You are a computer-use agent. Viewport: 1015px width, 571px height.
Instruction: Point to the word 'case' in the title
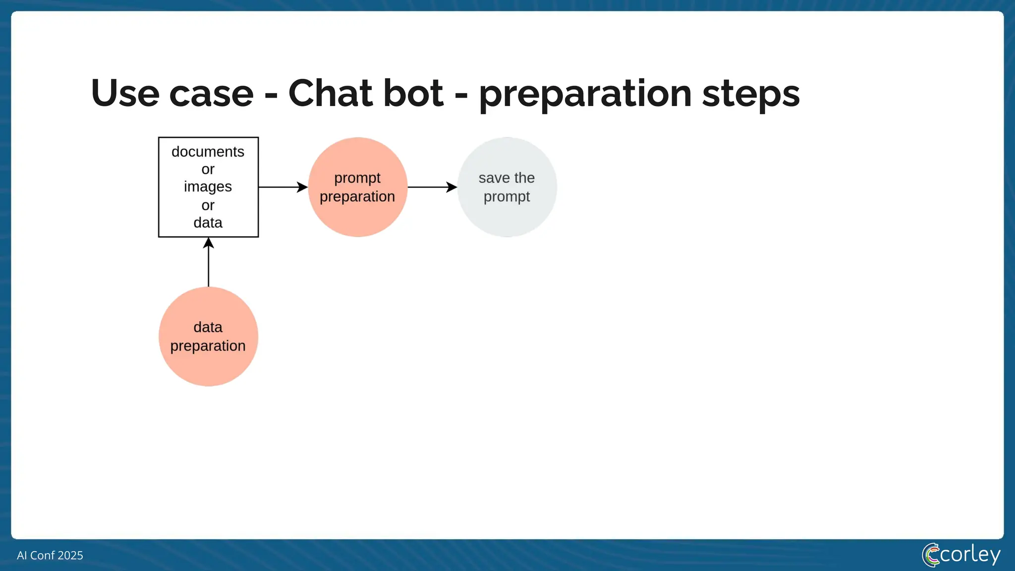point(211,94)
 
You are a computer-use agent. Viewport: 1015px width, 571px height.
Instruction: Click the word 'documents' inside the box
point(208,152)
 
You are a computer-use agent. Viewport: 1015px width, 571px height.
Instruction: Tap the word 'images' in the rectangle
point(208,187)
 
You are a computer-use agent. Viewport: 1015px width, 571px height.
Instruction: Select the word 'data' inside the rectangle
point(208,223)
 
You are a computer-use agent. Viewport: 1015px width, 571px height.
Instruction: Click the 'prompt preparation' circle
point(357,187)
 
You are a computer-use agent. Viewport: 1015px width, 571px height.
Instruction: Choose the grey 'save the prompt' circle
point(507,187)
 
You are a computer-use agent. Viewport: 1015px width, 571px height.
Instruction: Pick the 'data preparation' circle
point(208,337)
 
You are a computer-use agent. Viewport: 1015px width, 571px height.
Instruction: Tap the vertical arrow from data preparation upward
point(208,263)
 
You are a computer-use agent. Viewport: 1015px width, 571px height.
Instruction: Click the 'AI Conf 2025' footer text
point(50,555)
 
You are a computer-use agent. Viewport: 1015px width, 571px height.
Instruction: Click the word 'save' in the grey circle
point(494,178)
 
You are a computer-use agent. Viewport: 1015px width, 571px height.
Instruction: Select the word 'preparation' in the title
point(585,94)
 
